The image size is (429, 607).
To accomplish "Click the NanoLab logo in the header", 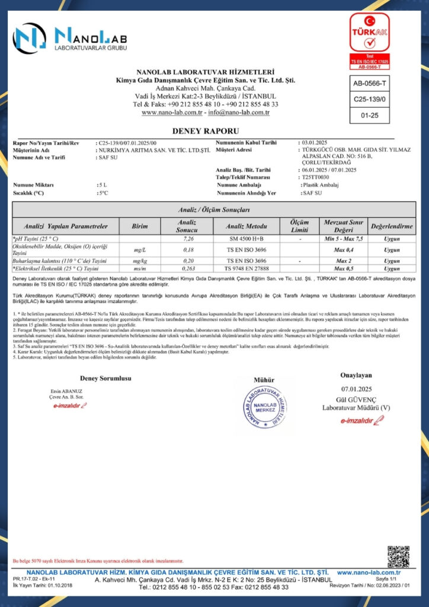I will pos(71,37).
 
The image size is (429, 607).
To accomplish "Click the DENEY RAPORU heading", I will pos(214,130).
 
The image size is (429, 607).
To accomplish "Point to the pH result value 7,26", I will pos(189,238).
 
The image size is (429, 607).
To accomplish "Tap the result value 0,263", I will pos(189,269).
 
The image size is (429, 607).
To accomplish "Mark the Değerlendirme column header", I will pos(391,226).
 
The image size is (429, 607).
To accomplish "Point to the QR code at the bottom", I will pos(398,556).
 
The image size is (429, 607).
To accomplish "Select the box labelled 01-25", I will pos(370,115).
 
